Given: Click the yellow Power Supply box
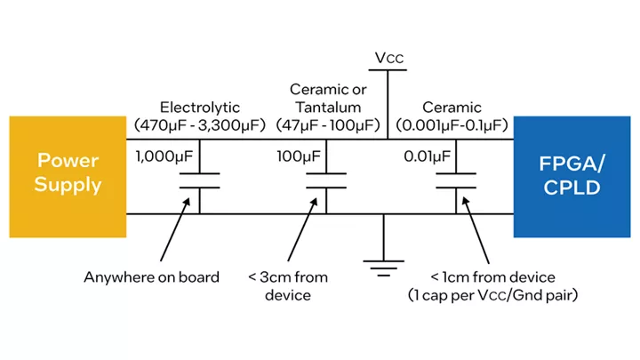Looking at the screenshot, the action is (x=68, y=177).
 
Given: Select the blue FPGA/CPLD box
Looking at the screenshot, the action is (x=572, y=177).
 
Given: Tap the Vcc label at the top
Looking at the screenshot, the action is (x=389, y=58).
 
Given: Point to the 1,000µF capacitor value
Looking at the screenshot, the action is (x=164, y=156).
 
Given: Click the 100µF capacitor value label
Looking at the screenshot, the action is (x=299, y=156).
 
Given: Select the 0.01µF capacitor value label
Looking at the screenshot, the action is (x=427, y=156).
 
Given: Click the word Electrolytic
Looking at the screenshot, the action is (x=200, y=108).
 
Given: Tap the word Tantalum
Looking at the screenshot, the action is (x=328, y=108).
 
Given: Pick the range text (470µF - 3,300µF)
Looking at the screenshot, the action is (x=200, y=125).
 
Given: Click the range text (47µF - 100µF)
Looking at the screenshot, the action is (x=328, y=125).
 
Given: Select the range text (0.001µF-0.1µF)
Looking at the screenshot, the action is (x=452, y=125).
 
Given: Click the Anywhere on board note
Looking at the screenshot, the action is (x=151, y=277).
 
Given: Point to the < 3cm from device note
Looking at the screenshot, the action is (x=288, y=286).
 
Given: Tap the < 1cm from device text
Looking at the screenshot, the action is (x=492, y=277).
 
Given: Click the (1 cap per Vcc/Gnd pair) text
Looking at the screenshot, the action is (x=492, y=295).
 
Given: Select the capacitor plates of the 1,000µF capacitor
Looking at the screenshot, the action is (x=200, y=180).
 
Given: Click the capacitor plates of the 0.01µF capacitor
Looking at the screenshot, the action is (x=456, y=180).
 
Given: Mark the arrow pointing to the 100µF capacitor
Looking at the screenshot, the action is (x=302, y=229).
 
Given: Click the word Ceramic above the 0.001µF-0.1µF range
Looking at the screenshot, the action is (x=452, y=108).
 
